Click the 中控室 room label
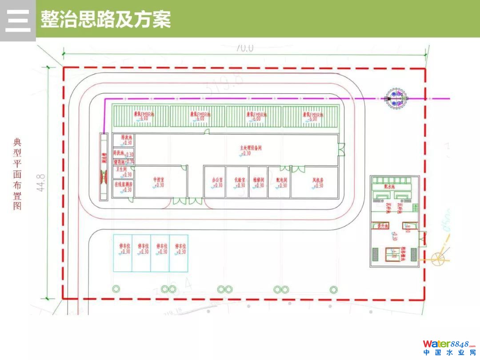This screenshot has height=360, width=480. [x=159, y=180]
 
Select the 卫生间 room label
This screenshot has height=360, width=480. [x=122, y=169]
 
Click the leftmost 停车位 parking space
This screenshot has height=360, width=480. [x=123, y=252]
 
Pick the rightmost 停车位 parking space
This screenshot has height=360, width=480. [x=179, y=252]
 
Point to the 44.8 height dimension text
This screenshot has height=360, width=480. [x=41, y=183]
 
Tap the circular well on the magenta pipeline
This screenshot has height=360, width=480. [x=396, y=99]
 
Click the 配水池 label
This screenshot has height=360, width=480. [x=389, y=187]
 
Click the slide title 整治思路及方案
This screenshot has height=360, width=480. [x=105, y=20]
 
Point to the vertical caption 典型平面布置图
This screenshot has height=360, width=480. [x=17, y=174]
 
